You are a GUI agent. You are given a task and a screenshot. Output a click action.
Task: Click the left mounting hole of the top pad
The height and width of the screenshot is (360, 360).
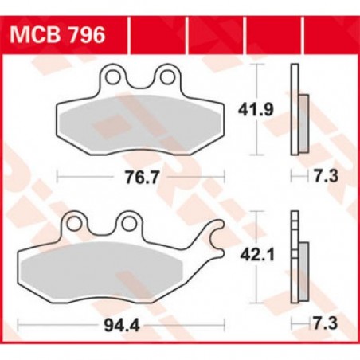point(114,77)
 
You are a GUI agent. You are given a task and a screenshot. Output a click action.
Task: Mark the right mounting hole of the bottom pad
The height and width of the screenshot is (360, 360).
point(127,224)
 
